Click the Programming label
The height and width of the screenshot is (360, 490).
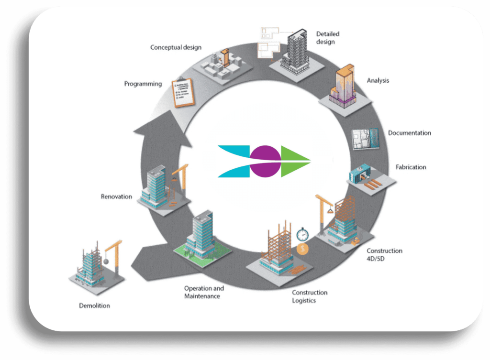click(x=143, y=84)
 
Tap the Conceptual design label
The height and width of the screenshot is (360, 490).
click(x=176, y=47)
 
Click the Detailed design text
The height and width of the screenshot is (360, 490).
click(x=327, y=38)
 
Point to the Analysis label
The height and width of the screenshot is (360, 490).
click(x=378, y=81)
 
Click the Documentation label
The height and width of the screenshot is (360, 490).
click(x=409, y=133)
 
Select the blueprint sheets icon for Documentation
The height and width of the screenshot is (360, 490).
click(x=366, y=141)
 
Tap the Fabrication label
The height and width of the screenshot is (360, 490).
click(x=411, y=167)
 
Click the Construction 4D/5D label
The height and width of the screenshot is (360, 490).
click(x=384, y=254)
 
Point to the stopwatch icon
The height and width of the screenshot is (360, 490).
click(x=302, y=235)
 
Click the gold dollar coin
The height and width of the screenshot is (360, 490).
click(x=302, y=249)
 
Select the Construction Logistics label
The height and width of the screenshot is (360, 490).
click(x=310, y=296)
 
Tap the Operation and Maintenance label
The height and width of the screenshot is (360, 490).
click(x=204, y=292)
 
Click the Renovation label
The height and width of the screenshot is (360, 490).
click(x=116, y=196)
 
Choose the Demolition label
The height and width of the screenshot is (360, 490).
click(x=94, y=305)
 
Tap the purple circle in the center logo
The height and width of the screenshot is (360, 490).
click(x=264, y=160)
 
